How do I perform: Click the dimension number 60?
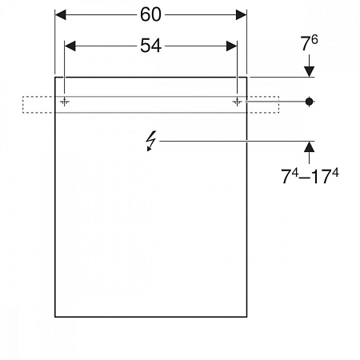click(x=150, y=14)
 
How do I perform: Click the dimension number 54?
click(x=150, y=46)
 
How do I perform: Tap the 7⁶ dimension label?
click(x=309, y=42)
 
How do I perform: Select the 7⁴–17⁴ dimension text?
click(x=310, y=176)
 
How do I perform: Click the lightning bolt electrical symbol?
click(x=150, y=141)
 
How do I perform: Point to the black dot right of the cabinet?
click(x=309, y=102)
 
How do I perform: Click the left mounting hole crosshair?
click(x=64, y=102)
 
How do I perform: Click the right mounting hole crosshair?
click(x=237, y=102)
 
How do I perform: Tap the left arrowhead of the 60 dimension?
click(x=60, y=14)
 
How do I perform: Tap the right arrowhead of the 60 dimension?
click(x=242, y=14)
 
